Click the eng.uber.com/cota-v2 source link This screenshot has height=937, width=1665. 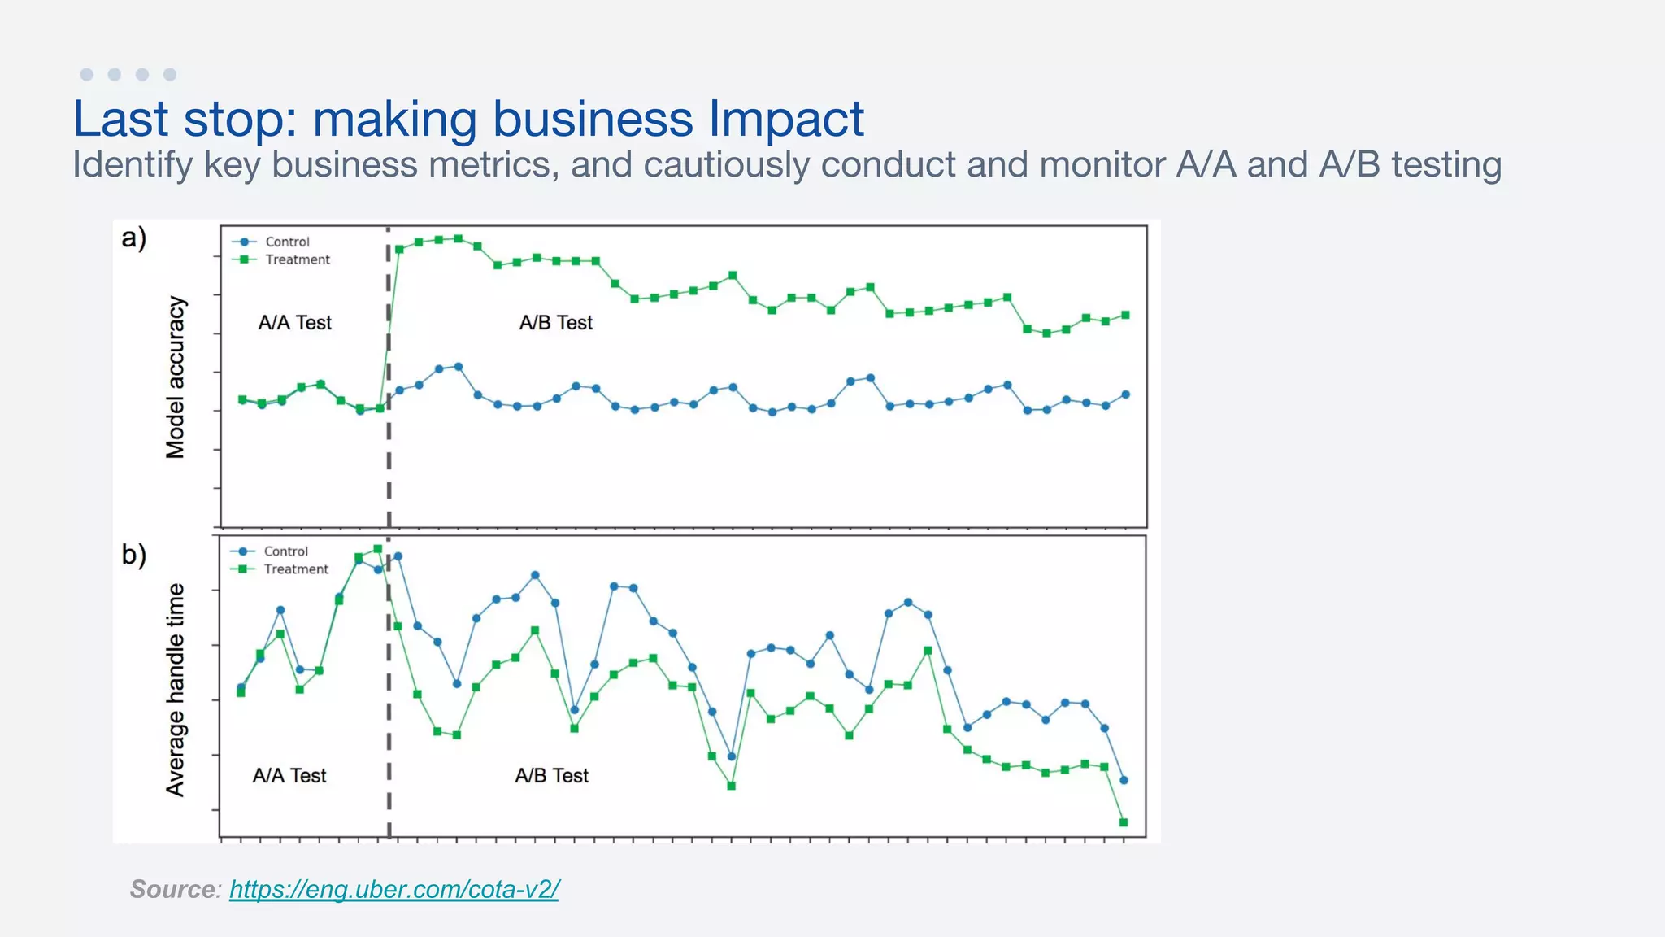(393, 889)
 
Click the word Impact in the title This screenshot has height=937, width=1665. (785, 120)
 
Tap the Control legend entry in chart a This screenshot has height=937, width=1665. (286, 242)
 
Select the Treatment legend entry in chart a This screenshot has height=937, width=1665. (297, 259)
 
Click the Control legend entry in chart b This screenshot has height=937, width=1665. (285, 551)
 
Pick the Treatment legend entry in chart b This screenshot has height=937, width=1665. (295, 569)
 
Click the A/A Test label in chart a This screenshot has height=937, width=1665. (294, 323)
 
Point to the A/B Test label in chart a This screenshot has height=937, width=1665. (556, 323)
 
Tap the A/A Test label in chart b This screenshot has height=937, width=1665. (289, 776)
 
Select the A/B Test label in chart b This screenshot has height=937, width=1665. (551, 776)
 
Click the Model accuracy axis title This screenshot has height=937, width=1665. (176, 377)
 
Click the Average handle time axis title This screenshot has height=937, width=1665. (176, 690)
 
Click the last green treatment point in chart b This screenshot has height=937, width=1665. (1124, 822)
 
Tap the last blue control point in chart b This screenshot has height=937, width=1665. (1124, 780)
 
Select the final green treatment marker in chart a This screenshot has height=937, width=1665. (1126, 315)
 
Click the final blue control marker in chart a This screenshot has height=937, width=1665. (1126, 394)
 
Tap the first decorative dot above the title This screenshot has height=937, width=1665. (87, 75)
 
